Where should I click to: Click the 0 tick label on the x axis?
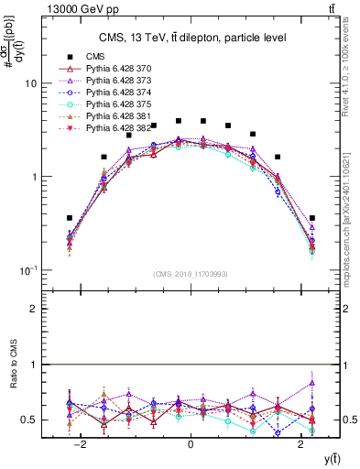[x=191, y=444]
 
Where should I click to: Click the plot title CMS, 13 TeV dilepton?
[x=191, y=38]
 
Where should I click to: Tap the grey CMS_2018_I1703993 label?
[x=191, y=274]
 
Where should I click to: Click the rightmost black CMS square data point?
[x=312, y=218]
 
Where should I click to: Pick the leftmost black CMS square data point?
[x=70, y=218]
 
